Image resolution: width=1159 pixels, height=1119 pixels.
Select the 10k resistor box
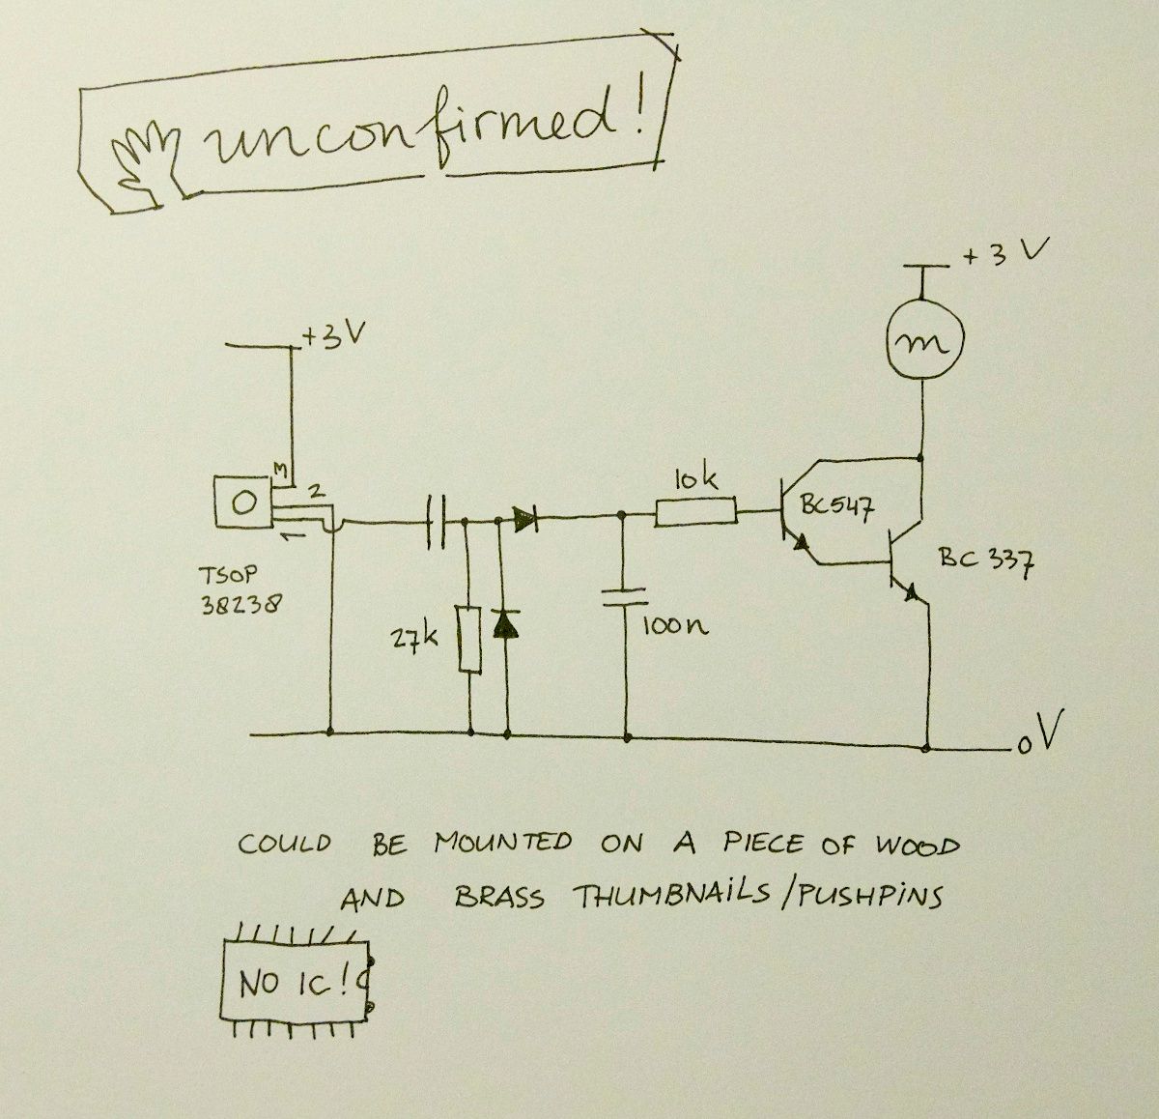click(x=695, y=512)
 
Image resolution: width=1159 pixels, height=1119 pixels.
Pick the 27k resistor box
click(x=469, y=638)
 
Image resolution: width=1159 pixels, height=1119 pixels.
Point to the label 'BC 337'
click(x=986, y=561)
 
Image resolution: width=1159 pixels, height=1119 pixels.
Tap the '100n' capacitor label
click(x=674, y=625)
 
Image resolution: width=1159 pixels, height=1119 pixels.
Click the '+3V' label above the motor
click(x=1004, y=255)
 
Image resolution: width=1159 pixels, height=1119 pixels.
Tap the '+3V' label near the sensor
click(x=329, y=337)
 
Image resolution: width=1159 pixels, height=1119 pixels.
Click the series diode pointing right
click(x=525, y=520)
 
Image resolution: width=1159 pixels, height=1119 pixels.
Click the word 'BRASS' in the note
click(x=499, y=898)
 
